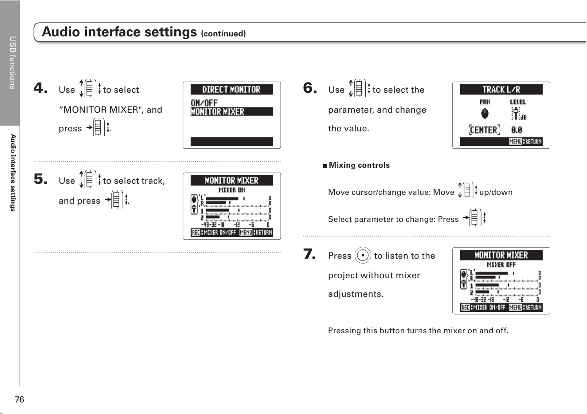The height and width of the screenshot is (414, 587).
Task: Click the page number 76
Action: pyautogui.click(x=20, y=399)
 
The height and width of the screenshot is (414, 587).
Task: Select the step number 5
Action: pyautogui.click(x=40, y=179)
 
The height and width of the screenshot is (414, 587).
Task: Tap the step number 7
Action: pyautogui.click(x=309, y=254)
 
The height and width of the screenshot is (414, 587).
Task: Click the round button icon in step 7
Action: pyautogui.click(x=363, y=255)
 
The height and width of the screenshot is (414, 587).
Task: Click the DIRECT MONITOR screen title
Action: pyautogui.click(x=231, y=90)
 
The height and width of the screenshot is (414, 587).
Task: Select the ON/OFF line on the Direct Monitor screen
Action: pyautogui.click(x=204, y=103)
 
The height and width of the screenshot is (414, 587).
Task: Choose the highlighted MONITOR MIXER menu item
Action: pyautogui.click(x=232, y=112)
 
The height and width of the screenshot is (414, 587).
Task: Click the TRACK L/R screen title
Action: pyautogui.click(x=501, y=90)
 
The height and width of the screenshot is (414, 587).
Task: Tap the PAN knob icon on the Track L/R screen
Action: pyautogui.click(x=485, y=114)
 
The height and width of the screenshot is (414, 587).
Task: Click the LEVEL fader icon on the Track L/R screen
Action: pyautogui.click(x=516, y=114)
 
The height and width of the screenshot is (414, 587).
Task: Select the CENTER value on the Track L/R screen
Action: pyautogui.click(x=484, y=130)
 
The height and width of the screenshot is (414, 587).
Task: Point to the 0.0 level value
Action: pyautogui.click(x=517, y=130)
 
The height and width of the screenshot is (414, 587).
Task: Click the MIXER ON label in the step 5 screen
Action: pyautogui.click(x=232, y=190)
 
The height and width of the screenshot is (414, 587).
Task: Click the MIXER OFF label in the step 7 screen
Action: pyautogui.click(x=501, y=265)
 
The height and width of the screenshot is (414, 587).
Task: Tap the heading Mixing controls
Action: pyautogui.click(x=359, y=165)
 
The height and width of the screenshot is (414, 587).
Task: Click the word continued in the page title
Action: pyautogui.click(x=223, y=34)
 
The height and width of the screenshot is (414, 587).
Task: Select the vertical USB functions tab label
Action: pyautogui.click(x=12, y=63)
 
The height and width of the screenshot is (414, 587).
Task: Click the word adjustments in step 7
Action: pyautogui.click(x=356, y=294)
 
